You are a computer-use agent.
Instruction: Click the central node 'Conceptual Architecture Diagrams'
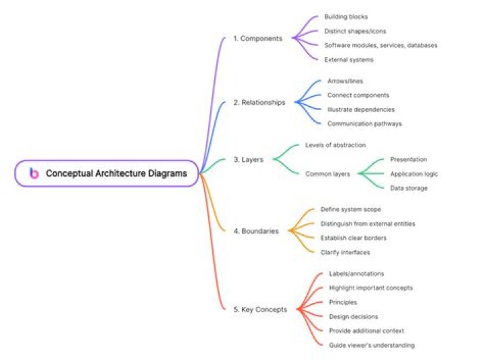tap(106, 173)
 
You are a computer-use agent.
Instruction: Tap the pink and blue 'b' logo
tap(34, 173)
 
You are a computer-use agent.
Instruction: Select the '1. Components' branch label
tap(257, 38)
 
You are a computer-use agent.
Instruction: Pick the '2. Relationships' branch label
tap(259, 102)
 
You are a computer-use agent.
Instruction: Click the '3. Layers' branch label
tap(249, 159)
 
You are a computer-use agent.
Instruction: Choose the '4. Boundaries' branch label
tap(256, 231)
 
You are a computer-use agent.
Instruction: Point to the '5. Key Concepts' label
tap(260, 310)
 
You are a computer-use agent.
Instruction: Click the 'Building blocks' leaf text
tap(346, 17)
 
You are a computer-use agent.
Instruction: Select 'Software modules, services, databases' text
tap(380, 46)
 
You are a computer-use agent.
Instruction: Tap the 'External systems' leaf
tap(348, 60)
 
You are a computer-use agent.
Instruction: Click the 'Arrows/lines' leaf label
tap(345, 81)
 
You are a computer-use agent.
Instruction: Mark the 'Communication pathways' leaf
tap(364, 124)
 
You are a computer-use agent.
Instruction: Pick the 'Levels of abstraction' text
tap(335, 145)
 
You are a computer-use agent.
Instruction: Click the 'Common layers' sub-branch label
tap(327, 174)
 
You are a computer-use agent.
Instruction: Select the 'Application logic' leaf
tap(414, 174)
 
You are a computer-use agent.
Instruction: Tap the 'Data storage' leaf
tap(409, 188)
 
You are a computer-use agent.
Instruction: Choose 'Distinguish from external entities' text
tap(368, 224)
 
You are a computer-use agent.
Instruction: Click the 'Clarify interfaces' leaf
tap(345, 253)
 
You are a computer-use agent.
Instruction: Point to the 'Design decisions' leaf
tap(353, 316)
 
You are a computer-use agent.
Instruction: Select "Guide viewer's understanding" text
tap(372, 345)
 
